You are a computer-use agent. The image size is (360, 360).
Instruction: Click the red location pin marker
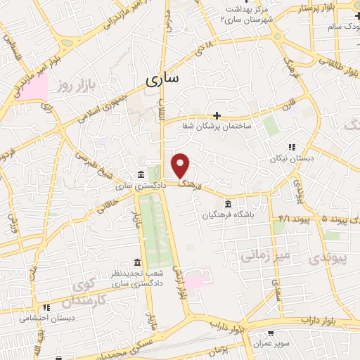181,165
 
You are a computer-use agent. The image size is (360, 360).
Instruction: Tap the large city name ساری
162,79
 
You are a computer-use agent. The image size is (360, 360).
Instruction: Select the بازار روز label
75,85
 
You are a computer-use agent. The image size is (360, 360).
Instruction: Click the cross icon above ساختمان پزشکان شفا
217,115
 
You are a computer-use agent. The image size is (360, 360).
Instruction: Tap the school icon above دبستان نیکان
292,148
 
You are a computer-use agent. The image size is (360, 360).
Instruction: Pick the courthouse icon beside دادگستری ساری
141,174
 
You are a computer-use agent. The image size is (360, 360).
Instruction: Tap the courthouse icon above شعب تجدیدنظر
137,262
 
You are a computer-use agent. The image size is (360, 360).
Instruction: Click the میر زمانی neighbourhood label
262,257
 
